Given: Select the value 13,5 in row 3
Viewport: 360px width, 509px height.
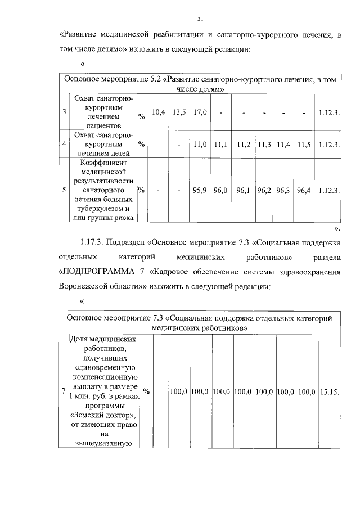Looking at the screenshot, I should coord(179,112).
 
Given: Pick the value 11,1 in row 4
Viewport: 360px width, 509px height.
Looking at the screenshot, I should coord(220,145).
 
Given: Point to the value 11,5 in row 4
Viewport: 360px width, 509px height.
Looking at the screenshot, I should coord(304,145).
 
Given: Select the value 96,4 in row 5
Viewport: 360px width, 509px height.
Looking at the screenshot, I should coord(304,191).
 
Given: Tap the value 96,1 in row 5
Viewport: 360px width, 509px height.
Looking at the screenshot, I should coord(244,191).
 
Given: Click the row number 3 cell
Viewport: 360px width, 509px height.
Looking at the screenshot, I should coord(65,112).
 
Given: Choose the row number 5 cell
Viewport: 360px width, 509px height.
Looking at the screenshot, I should coord(65,191).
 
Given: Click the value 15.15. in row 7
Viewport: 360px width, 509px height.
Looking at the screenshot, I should coord(328,390).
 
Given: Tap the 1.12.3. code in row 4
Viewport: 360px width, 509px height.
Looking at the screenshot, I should coord(328,145).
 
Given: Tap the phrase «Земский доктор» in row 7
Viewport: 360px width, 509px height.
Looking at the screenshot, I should coord(103,415).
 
